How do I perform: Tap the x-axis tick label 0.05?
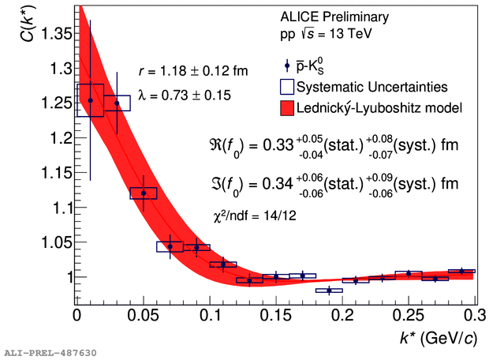click(x=143, y=315)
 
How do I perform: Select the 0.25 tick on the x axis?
click(x=408, y=315)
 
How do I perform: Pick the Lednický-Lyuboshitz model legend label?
click(x=386, y=106)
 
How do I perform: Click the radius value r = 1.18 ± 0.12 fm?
click(x=192, y=71)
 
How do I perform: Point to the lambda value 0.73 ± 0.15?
click(x=184, y=95)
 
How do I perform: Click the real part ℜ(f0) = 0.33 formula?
click(x=330, y=145)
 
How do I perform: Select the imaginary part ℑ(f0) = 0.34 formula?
click(x=330, y=185)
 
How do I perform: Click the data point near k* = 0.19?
click(x=329, y=291)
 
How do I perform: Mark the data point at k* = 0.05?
click(x=144, y=193)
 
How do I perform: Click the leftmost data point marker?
click(x=90, y=100)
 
